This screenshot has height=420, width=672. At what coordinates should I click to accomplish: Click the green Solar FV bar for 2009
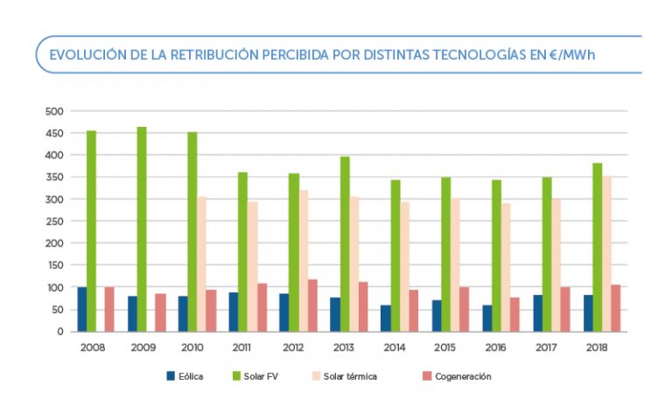tap(142, 229)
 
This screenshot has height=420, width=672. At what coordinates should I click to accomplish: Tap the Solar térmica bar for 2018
tap(606, 254)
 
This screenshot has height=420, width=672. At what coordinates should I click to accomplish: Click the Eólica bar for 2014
tap(386, 318)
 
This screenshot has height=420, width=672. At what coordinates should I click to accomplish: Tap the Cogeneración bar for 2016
tap(514, 314)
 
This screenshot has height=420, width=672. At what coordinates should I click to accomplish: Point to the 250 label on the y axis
tap(54, 221)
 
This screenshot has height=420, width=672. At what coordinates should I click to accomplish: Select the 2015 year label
tap(445, 347)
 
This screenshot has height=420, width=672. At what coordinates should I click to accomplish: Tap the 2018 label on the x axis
tap(598, 347)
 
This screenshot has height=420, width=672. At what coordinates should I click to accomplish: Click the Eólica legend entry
tap(185, 376)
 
